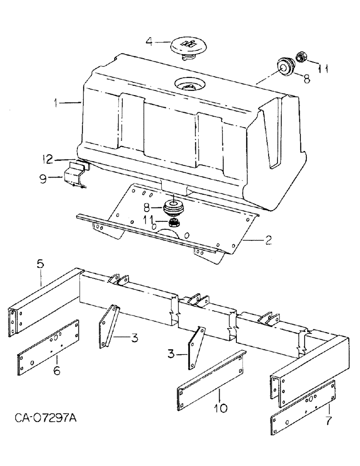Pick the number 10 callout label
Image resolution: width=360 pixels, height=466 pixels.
click(221, 408)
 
